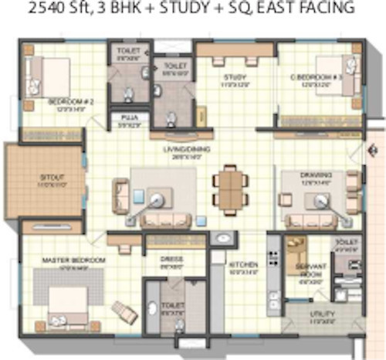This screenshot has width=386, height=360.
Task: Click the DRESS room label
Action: (x=171, y=259)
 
